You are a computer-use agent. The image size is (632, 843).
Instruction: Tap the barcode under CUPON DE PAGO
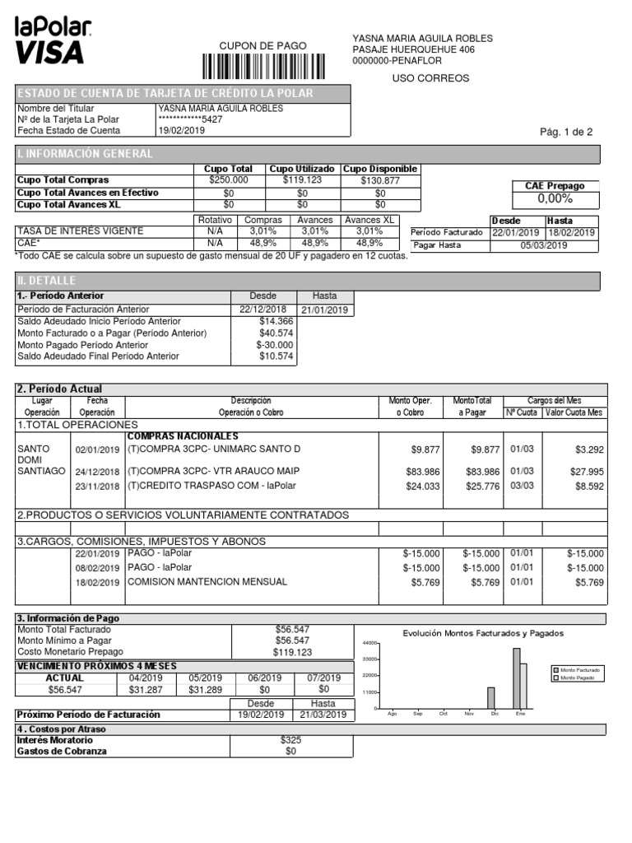coord(263,66)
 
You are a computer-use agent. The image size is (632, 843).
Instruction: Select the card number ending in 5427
coord(189,119)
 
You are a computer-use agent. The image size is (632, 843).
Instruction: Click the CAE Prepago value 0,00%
coord(555,199)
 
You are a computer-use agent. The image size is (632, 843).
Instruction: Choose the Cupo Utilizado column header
coord(303,169)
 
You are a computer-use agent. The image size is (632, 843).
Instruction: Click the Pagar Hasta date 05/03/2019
coord(543,245)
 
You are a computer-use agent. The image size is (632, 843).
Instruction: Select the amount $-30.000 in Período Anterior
coord(274,345)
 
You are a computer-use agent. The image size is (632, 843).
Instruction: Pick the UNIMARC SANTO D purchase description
coord(214,449)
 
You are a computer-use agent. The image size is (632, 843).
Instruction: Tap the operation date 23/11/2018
coord(97,487)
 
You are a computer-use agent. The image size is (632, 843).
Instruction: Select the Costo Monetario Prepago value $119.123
coord(292,652)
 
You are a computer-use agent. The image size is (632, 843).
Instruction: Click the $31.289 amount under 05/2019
coord(205,690)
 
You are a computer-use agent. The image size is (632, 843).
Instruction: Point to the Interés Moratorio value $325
coord(290,740)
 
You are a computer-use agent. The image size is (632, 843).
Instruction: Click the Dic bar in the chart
coord(491,698)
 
